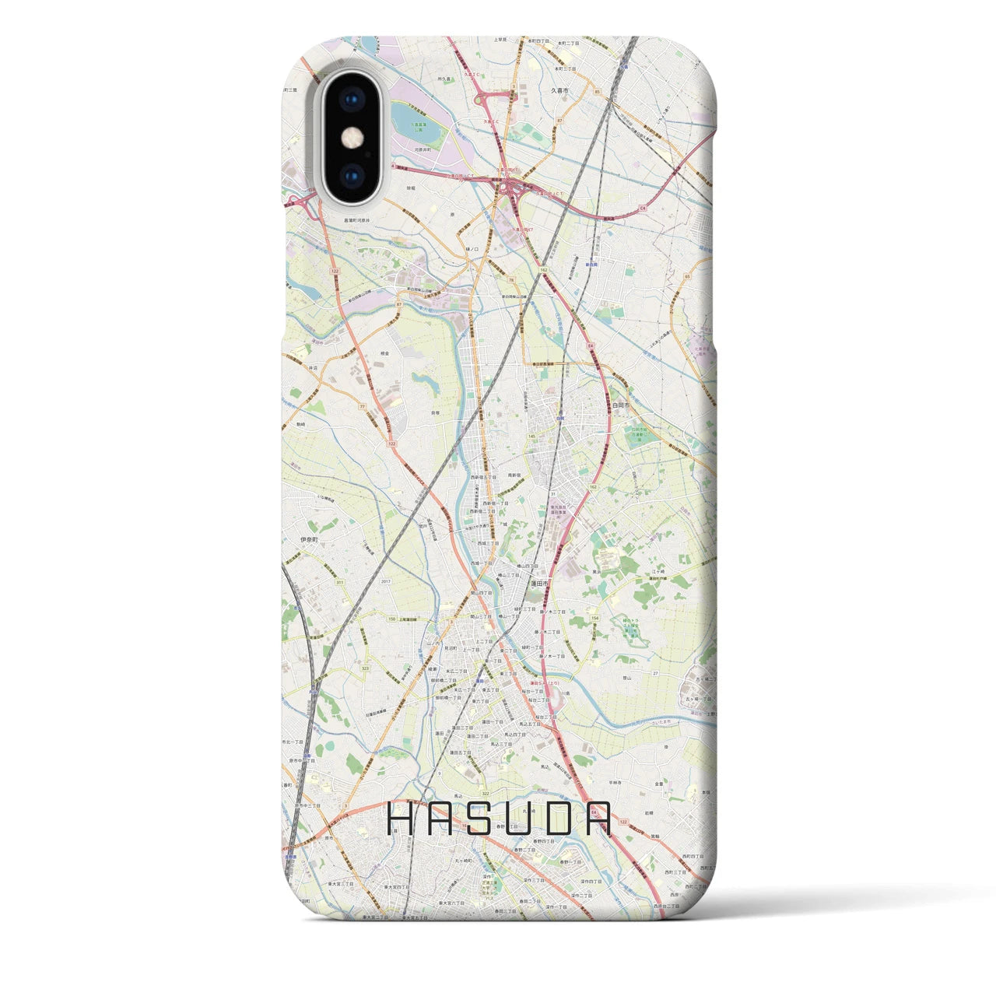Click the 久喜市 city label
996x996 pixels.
click(x=560, y=91)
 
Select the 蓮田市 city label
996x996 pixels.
click(x=540, y=582)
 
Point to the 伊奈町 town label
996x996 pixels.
click(x=310, y=538)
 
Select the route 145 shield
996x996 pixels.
click(x=531, y=436)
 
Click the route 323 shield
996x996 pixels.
click(x=365, y=667)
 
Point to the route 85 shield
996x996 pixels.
click(x=597, y=93)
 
